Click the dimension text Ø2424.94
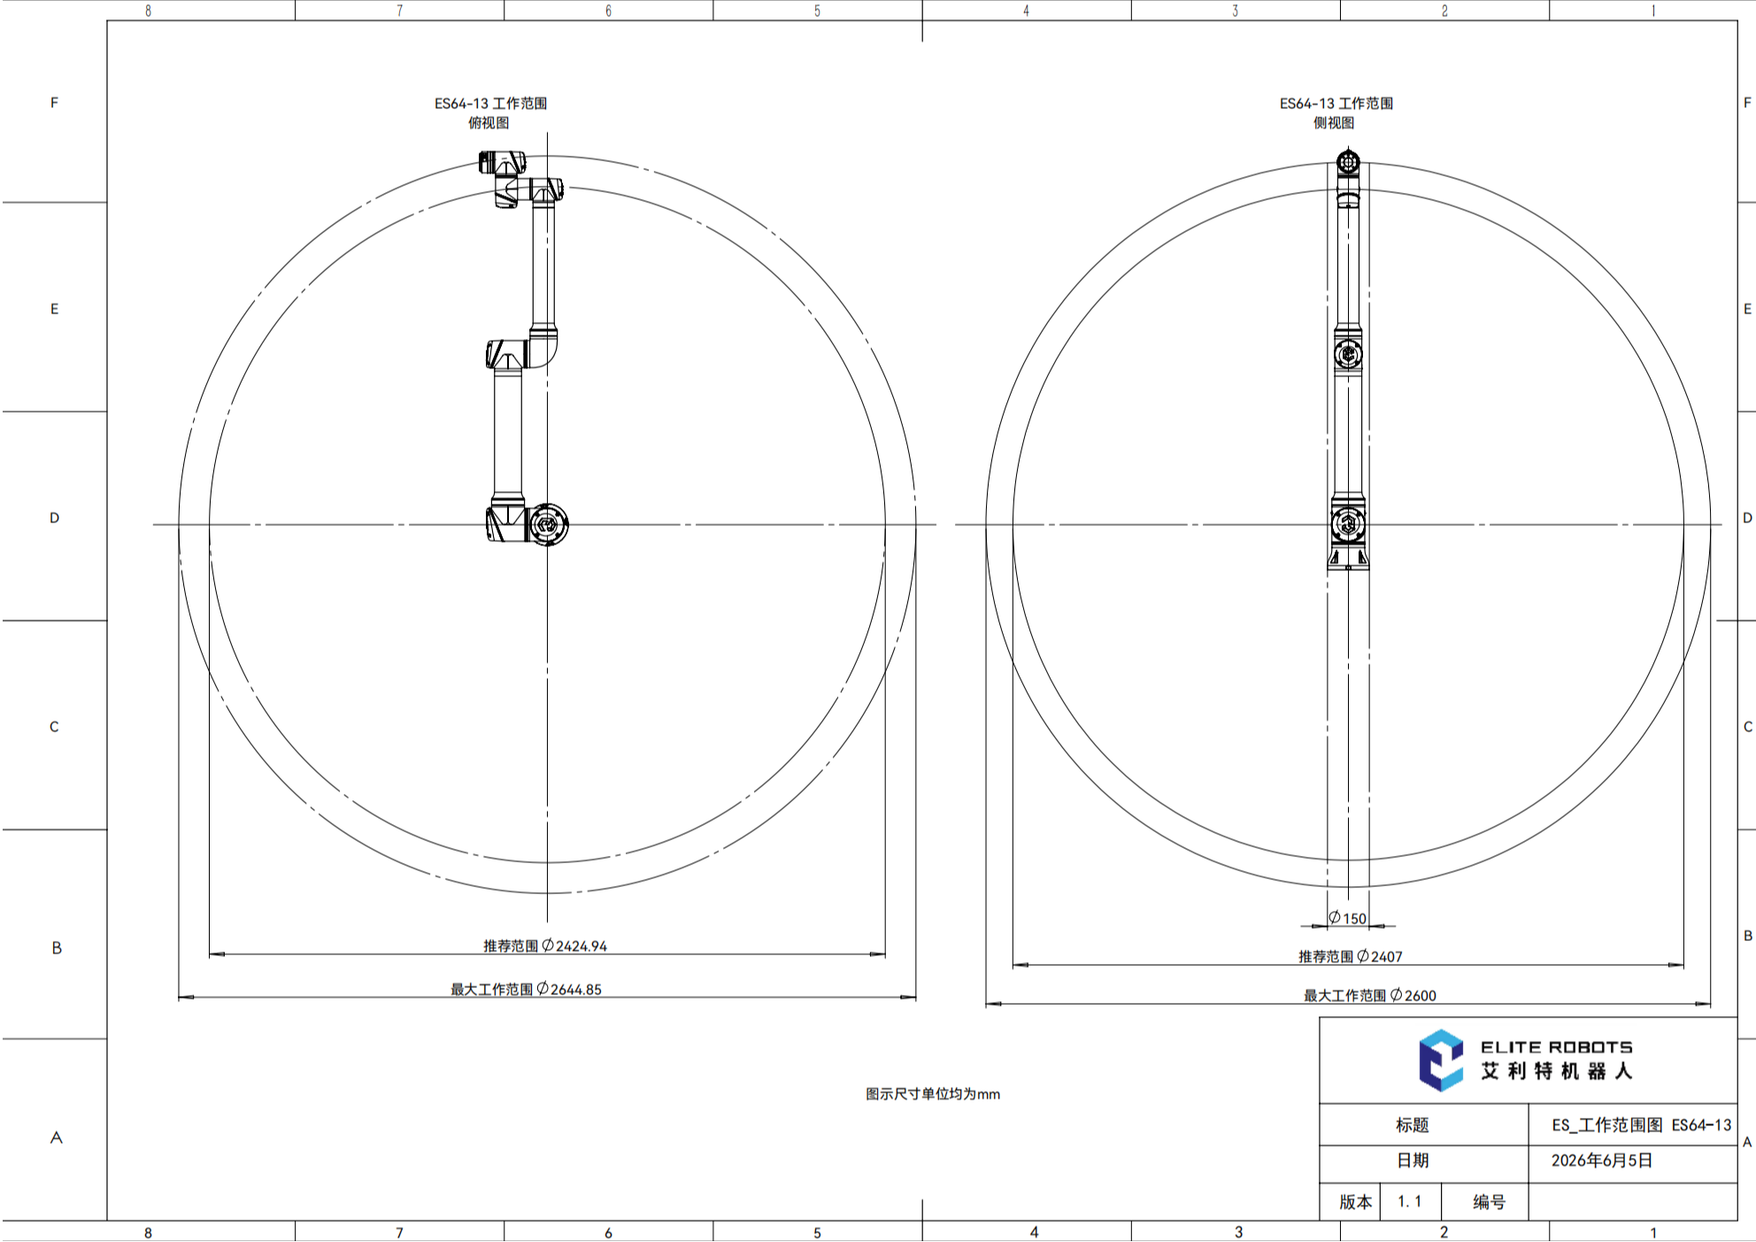(x=574, y=945)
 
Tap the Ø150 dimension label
(x=1347, y=918)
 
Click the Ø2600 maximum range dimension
(x=1413, y=995)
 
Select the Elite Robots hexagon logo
(x=1441, y=1060)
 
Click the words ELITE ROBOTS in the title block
(x=1557, y=1047)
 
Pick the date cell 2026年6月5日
(x=1602, y=1161)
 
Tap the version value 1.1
(x=1410, y=1201)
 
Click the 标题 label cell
(x=1413, y=1125)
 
